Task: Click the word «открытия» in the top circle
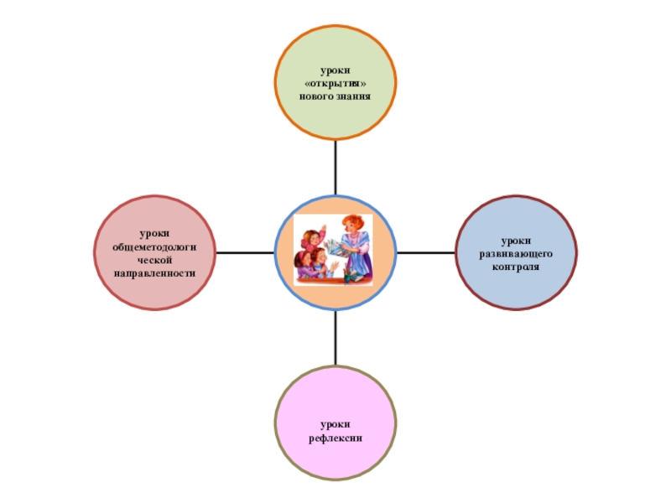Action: coord(335,86)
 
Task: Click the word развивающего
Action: coord(517,253)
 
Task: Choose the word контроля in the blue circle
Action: coord(517,266)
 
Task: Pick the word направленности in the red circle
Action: coord(155,274)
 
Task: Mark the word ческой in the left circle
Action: coord(155,262)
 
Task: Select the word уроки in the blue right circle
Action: coord(517,241)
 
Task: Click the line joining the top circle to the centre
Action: coord(335,168)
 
